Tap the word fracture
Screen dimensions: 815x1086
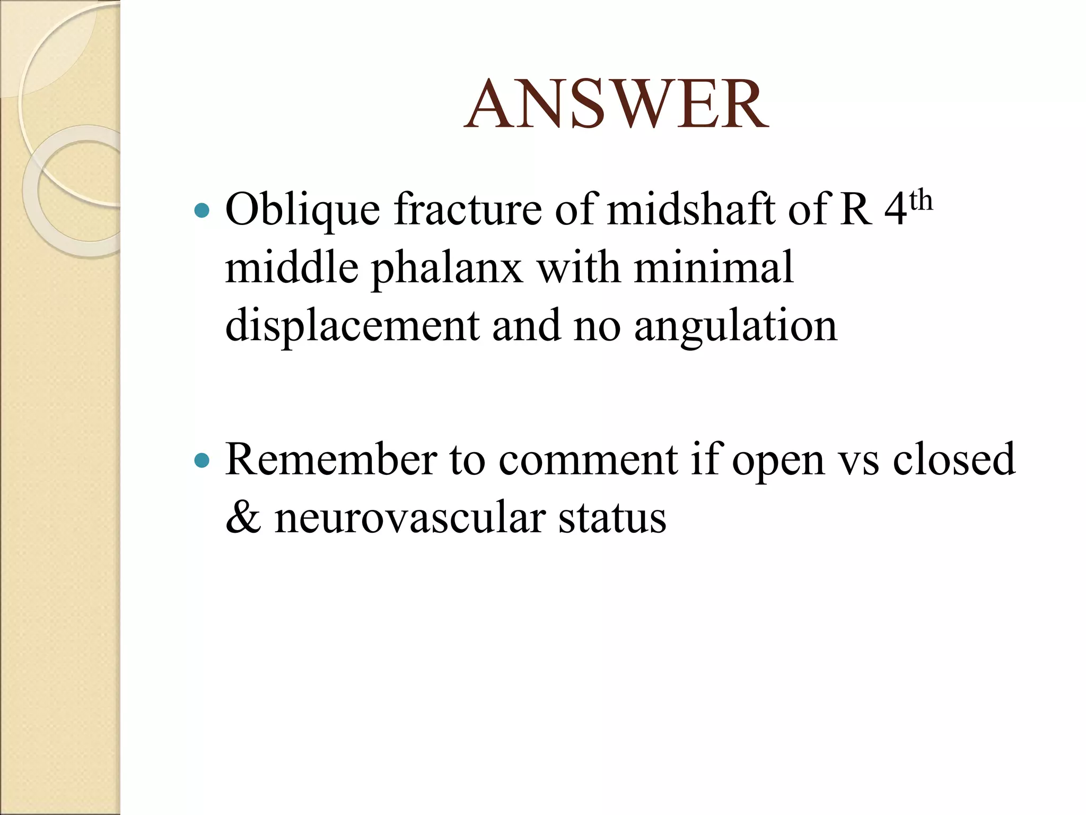pos(467,210)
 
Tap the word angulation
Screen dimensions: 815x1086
pos(735,326)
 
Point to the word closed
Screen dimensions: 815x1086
pos(954,459)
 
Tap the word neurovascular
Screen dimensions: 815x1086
pos(410,518)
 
